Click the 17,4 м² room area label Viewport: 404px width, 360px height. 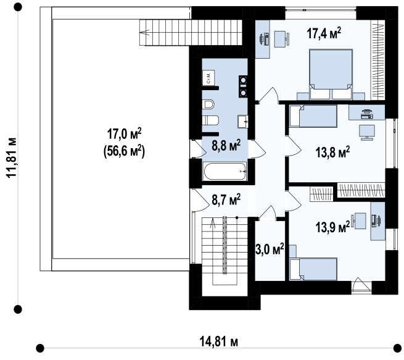[x=324, y=33]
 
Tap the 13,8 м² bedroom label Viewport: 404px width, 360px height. [x=332, y=152]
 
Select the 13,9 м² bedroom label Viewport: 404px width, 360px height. [x=332, y=227]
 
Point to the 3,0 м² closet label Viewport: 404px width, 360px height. [x=270, y=249]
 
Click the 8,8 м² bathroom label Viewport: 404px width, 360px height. [x=226, y=146]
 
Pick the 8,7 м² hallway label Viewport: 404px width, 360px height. [x=226, y=200]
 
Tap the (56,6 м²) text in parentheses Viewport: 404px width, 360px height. [x=124, y=151]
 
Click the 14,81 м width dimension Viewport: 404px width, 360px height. [x=219, y=342]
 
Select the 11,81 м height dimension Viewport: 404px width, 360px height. [x=12, y=158]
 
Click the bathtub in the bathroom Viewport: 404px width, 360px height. [x=225, y=172]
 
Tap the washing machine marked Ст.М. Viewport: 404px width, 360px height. [x=208, y=77]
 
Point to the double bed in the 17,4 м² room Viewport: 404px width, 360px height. [x=331, y=74]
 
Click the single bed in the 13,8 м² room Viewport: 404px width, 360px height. [x=313, y=116]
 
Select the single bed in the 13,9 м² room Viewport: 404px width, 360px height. [x=313, y=269]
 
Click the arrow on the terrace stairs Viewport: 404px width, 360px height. [x=145, y=33]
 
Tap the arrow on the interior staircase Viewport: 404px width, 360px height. [x=213, y=224]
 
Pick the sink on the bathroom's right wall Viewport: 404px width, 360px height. [x=243, y=122]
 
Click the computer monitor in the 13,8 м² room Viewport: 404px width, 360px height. [x=367, y=132]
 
